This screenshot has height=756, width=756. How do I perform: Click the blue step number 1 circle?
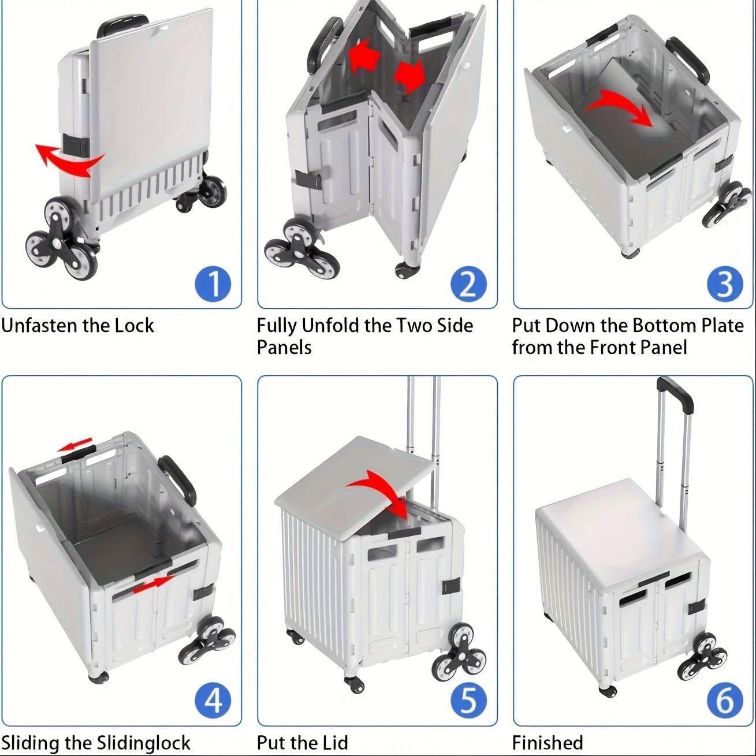coord(213,284)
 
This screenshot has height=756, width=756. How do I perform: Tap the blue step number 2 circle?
coord(468,284)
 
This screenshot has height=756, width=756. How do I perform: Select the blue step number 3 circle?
coord(725,284)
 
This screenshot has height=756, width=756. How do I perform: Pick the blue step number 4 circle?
coord(213,701)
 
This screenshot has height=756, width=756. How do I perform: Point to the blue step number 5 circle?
coord(468,701)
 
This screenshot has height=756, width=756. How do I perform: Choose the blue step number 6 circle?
coord(725,701)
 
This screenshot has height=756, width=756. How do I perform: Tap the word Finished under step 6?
coord(548,743)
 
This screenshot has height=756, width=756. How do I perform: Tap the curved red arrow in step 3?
coord(618,107)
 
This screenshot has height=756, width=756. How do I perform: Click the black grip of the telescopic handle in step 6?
coord(676,395)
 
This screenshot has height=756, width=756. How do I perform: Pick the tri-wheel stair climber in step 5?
coord(459,650)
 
